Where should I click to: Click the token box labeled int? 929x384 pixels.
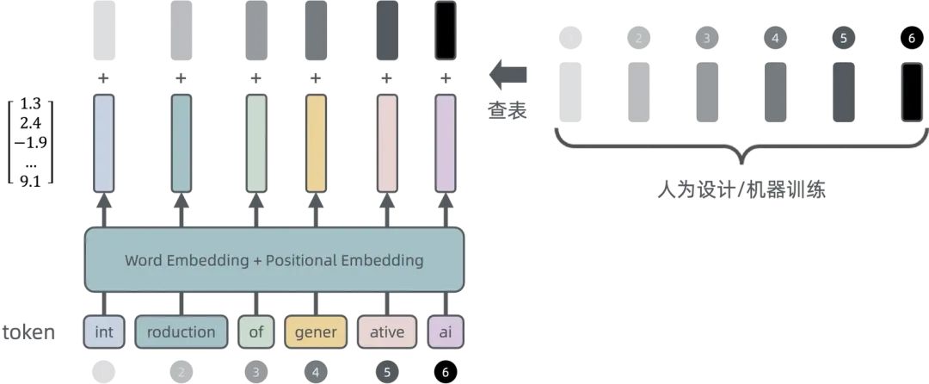point(103,332)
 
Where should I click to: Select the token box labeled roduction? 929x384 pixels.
point(181,332)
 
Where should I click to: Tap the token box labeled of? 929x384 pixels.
point(255,332)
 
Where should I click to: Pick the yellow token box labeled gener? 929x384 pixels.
point(316,332)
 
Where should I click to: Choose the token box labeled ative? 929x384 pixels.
point(386,332)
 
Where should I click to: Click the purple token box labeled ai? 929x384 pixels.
point(445,332)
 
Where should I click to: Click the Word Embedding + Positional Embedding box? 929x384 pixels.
point(274,260)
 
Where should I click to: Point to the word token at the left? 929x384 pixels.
point(28,332)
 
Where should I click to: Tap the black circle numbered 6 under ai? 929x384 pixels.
point(445,372)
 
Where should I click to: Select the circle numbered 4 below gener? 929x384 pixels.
point(316,372)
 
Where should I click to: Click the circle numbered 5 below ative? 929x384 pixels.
point(386,372)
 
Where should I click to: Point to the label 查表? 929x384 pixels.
point(508,111)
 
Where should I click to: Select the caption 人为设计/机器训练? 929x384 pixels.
point(741,189)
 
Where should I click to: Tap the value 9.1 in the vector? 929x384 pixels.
point(31,180)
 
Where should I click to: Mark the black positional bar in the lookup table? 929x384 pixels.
point(912,90)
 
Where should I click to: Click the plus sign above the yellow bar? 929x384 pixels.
point(316,78)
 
